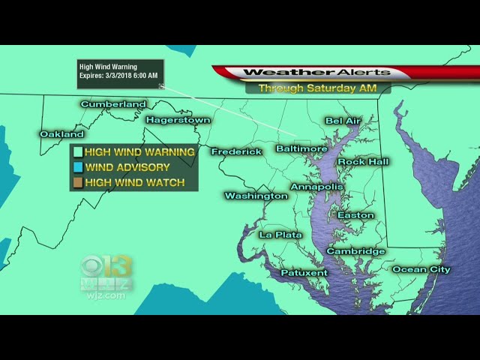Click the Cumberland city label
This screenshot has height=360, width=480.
113,104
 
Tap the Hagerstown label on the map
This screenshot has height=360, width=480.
178,120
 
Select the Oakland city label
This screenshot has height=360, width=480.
61,134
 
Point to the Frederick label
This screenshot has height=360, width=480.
236,151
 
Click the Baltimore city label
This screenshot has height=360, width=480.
301,148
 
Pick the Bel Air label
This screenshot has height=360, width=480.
343,121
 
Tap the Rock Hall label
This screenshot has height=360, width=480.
363,162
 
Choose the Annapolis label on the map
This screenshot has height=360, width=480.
316,186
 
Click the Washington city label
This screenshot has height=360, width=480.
256,196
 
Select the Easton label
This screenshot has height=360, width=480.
355,215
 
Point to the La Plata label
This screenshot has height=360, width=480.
280,235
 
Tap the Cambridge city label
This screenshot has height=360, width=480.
355,251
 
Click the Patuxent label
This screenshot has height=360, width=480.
304,273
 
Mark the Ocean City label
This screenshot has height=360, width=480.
421,269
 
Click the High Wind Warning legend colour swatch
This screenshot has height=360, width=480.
76,152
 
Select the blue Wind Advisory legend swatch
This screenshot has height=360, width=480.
76,167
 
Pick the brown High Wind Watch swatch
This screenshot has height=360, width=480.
76,182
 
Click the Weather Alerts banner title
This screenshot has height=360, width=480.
316,73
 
